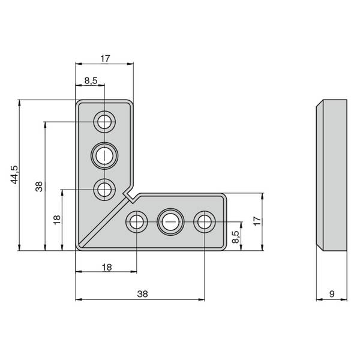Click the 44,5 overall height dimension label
pyautogui.click(x=14, y=175)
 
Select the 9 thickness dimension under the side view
pyautogui.click(x=332, y=294)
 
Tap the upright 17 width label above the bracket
pyautogui.click(x=105, y=59)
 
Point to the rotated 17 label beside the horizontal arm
pyautogui.click(x=257, y=221)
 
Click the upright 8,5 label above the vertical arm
pyautogui.click(x=91, y=80)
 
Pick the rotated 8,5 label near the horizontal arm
pyautogui.click(x=236, y=237)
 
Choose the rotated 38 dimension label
pyautogui.click(x=39, y=187)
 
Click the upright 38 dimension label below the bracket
pyautogui.click(x=142, y=294)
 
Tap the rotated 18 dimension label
pyautogui.click(x=57, y=220)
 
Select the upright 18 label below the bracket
pyautogui.click(x=107, y=267)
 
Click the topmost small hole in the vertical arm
pyautogui.click(x=104, y=122)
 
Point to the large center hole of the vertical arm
pyautogui.click(x=104, y=156)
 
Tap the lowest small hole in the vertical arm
pyautogui.click(x=104, y=190)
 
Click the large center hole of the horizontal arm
pyautogui.click(x=170, y=222)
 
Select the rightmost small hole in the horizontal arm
pyautogui.click(x=205, y=222)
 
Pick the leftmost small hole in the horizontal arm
pyautogui.click(x=137, y=222)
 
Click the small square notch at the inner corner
pyautogui.click(x=130, y=196)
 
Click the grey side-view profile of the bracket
pyautogui.click(x=332, y=175)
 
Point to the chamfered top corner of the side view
pyautogui.click(x=320, y=103)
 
